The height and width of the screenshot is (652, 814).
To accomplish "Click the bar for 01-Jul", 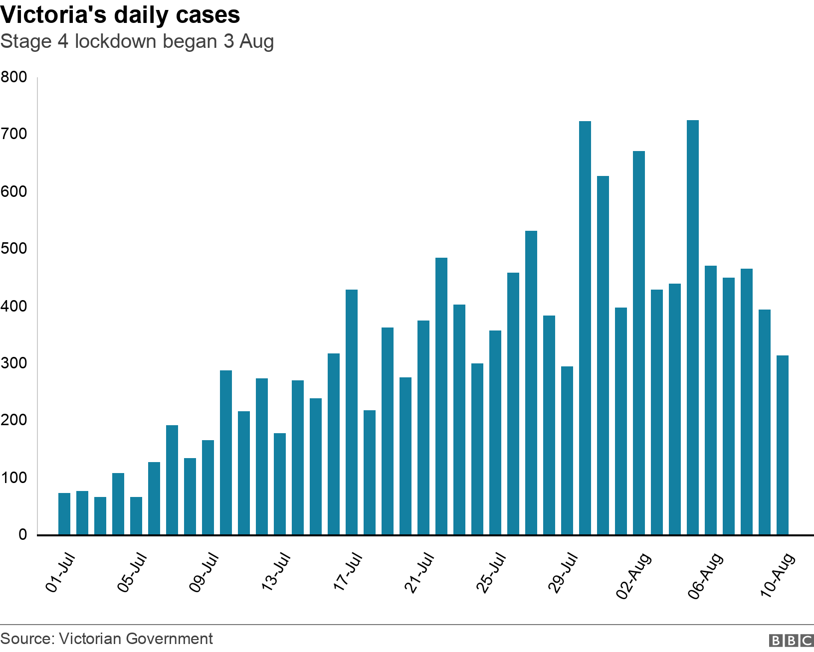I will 64,514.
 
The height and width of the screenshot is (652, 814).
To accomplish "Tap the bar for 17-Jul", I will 352,412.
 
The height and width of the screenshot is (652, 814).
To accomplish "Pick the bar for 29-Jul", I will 567,451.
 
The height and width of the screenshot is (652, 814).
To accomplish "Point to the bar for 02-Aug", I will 639,343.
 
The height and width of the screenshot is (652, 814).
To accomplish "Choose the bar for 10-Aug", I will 783,445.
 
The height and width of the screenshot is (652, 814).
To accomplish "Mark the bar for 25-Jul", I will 495,433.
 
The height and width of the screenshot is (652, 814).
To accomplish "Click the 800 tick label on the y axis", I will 14,77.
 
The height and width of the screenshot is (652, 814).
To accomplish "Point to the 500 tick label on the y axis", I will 14,249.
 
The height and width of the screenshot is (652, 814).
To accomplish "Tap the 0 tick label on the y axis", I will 22,535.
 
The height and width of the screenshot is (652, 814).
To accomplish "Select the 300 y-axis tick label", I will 14,363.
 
